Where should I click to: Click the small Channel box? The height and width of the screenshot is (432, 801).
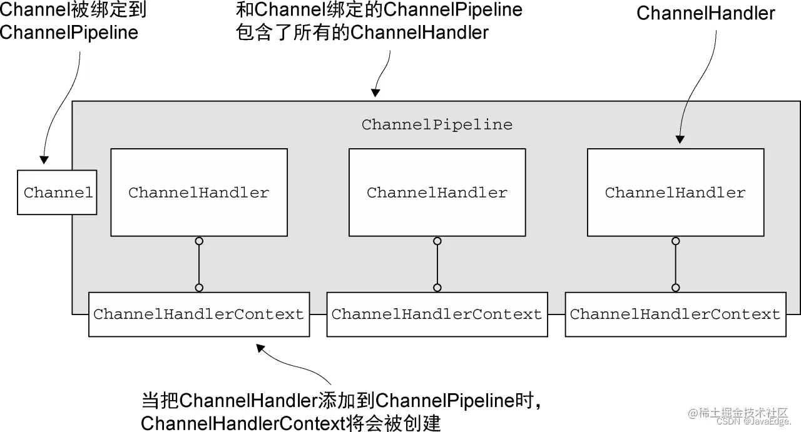[x=57, y=193]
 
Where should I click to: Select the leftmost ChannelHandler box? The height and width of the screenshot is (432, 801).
[x=199, y=193]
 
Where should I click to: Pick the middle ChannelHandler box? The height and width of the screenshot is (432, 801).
[x=437, y=193]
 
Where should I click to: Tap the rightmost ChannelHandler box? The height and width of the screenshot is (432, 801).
[x=675, y=193]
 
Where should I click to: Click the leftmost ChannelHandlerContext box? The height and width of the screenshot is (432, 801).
[x=199, y=314]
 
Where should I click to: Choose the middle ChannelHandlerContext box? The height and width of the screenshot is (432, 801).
[x=437, y=314]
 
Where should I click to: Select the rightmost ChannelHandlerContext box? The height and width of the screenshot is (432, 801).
[x=675, y=314]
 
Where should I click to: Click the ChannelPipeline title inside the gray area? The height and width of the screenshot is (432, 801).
[x=437, y=124]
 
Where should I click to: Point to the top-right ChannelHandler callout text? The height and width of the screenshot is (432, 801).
[x=705, y=14]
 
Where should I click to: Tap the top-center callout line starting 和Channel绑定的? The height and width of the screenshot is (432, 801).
[x=379, y=11]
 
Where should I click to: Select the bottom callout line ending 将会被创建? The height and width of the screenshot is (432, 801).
[x=291, y=423]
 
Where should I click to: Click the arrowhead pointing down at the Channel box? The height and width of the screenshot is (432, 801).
[x=43, y=159]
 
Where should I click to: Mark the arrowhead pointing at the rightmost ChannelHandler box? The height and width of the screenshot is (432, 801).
[x=680, y=139]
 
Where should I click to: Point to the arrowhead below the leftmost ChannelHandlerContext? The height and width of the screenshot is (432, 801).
[x=261, y=347]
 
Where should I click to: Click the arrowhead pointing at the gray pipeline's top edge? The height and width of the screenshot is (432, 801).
[x=375, y=93]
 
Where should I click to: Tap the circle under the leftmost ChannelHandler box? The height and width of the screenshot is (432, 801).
[x=199, y=241]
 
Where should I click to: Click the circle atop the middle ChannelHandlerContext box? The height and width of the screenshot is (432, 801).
[x=437, y=288]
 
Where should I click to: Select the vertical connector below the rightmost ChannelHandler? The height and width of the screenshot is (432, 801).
[x=675, y=264]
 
